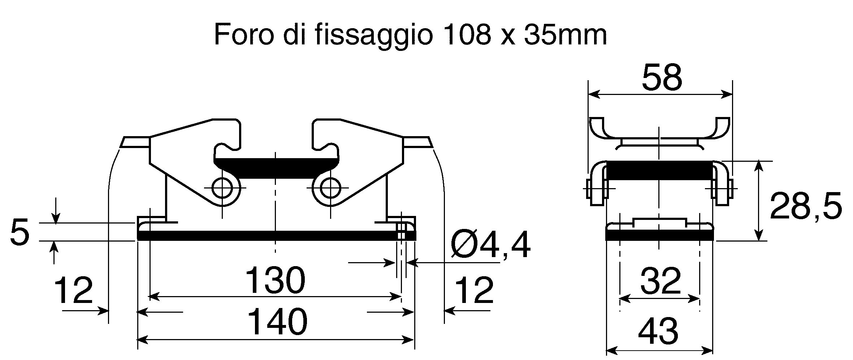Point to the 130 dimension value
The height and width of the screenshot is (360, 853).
tap(275, 280)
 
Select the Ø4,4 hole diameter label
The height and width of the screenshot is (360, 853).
tap(492, 244)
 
